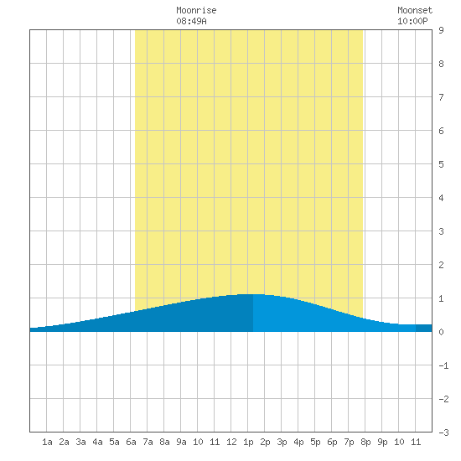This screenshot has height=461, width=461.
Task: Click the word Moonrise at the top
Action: [196, 10]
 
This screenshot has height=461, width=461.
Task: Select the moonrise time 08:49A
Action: [191, 21]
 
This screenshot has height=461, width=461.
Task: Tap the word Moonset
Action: [415, 10]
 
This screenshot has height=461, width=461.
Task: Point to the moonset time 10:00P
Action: [412, 21]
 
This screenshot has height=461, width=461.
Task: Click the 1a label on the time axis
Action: [47, 442]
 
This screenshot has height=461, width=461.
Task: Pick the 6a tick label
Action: [131, 442]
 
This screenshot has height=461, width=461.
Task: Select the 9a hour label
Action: [181, 442]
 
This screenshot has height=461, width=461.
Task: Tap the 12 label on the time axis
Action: [231, 442]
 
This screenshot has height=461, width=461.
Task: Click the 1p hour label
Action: [248, 442]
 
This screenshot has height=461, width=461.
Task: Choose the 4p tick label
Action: [298, 442]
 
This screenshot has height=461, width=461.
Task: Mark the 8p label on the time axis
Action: [365, 442]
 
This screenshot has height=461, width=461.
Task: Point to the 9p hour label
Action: [382, 442]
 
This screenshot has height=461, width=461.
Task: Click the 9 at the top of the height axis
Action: [441, 30]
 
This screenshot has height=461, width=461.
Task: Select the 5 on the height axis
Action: [441, 164]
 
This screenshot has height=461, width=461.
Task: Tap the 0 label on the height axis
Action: [441, 332]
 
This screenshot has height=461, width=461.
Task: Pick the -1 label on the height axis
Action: [443, 365]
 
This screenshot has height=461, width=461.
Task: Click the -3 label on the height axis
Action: [443, 433]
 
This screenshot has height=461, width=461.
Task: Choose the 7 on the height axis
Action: [441, 97]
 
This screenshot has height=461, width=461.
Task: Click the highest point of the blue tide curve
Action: [253, 294]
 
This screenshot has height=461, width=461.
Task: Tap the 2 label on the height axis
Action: [441, 265]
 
